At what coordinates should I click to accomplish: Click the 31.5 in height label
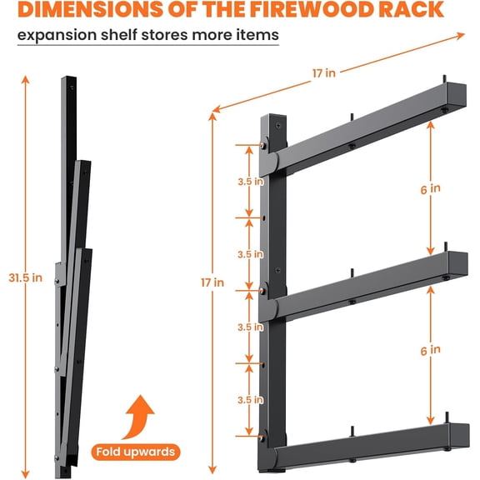pos(25,277)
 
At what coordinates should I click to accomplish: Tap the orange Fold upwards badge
pos(136,452)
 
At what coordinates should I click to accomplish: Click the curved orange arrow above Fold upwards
pos(139,417)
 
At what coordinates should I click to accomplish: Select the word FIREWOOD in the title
pos(312,9)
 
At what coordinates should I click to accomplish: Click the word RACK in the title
pos(411,9)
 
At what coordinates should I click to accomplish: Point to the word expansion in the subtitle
pos(57,35)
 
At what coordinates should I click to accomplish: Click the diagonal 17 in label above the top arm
pos(324,73)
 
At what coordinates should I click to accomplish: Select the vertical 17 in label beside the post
pos(212,282)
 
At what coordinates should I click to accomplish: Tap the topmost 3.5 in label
pos(250,182)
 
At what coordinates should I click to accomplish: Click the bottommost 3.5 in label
pos(250,400)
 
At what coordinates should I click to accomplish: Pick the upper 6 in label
pos(430,189)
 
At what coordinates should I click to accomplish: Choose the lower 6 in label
pos(430,350)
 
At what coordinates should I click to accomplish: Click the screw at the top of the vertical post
pos(278,125)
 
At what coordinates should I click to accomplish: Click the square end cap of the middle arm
pos(458,264)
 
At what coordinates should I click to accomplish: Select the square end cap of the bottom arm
pos(459,436)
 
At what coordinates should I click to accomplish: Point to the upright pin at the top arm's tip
pos(445,79)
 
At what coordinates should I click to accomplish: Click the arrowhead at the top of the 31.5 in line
pos(26,80)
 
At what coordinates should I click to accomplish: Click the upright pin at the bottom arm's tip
pos(447,417)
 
